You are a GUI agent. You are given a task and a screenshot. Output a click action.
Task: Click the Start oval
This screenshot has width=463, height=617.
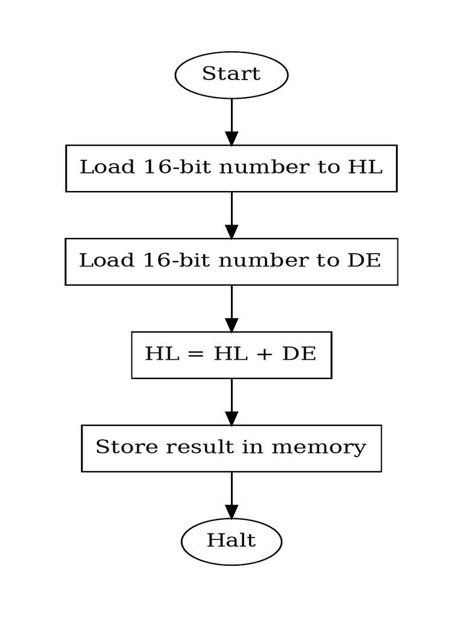click(231, 75)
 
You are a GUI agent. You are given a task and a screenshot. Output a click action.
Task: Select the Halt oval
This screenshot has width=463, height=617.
click(231, 541)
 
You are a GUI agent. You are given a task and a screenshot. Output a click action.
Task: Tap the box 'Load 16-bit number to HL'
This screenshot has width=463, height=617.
click(231, 168)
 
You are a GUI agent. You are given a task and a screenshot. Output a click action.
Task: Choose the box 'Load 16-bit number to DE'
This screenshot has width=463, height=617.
click(231, 262)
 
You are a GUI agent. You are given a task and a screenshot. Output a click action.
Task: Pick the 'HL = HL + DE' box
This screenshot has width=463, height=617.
click(231, 355)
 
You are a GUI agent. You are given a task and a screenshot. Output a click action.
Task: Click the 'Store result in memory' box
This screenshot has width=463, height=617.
click(231, 448)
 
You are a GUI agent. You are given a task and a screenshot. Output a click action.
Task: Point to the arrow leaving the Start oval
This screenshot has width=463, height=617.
click(231, 121)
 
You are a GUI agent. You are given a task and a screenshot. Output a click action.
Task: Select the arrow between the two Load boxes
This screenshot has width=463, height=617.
click(231, 215)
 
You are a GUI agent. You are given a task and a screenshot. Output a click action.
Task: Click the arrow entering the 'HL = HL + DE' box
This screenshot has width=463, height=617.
click(231, 308)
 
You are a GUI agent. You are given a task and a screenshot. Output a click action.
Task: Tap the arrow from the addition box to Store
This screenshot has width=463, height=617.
click(231, 401)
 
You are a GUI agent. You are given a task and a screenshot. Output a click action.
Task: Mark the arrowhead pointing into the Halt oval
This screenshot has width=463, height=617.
click(231, 512)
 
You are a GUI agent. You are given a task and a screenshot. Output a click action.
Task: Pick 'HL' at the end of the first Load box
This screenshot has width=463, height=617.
click(365, 168)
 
